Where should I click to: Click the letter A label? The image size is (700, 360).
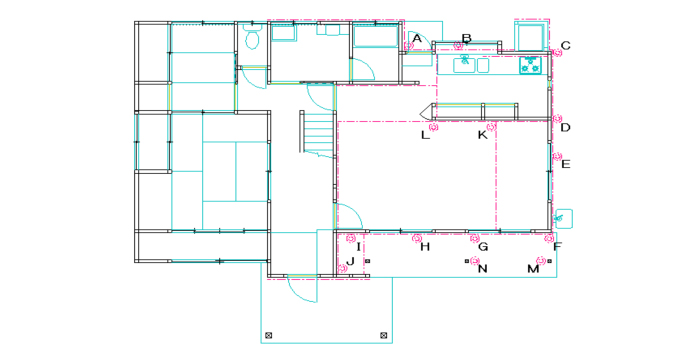point(417,38)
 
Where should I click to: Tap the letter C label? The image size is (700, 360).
point(566,46)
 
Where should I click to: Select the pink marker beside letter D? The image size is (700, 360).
point(557,118)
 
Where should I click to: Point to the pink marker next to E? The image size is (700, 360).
point(557,156)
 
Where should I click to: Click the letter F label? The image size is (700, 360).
point(557,246)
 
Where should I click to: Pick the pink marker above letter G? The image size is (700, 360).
point(475,238)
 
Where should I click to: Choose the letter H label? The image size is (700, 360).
point(425,247)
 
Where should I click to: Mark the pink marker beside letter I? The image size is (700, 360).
point(351,238)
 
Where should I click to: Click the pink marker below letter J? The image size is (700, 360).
point(342,268)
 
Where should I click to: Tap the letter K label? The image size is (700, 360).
point(483,135)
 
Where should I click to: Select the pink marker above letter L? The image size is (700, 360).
point(433,127)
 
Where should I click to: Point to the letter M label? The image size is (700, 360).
point(533,269)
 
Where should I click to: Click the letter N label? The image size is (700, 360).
point(483,269)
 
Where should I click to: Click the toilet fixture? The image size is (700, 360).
point(253,37)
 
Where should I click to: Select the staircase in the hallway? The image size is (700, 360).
point(317,132)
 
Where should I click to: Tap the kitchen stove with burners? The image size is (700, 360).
point(530,65)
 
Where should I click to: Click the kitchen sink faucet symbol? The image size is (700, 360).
point(464,60)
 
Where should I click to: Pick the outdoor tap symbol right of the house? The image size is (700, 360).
point(558,218)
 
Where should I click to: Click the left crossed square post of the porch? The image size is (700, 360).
point(268,335)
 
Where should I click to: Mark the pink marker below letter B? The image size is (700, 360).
point(458,45)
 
